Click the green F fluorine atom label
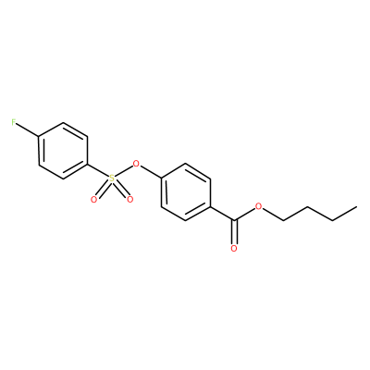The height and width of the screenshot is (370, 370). [14, 122]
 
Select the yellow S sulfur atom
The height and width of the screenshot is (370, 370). [112, 179]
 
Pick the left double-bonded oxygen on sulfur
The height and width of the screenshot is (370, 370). [94, 200]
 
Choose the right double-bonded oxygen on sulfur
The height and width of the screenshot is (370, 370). [129, 200]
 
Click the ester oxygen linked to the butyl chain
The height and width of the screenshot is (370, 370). [259, 206]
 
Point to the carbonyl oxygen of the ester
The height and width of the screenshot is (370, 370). [234, 249]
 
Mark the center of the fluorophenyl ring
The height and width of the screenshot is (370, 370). [63, 151]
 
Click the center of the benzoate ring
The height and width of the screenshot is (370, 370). [186, 192]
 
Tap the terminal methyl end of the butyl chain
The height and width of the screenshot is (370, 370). [357, 206]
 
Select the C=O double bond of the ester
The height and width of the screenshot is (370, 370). [234, 232]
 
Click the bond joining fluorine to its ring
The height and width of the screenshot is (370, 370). [28, 129]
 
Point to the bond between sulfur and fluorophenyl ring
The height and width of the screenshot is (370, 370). [98, 171]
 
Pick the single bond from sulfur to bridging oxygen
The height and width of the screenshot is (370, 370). [124, 171]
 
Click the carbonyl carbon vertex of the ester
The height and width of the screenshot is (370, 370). [234, 220]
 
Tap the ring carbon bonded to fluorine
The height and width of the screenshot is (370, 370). [39, 137]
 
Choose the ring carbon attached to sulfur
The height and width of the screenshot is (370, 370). [88, 165]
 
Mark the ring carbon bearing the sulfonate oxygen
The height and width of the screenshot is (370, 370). [161, 179]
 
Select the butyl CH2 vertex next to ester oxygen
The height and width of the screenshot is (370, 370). [283, 220]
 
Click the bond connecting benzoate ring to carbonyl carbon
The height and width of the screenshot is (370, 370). [222, 214]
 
